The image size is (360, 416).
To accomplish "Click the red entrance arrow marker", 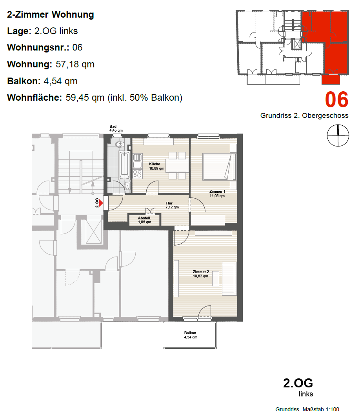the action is pyautogui.click(x=101, y=203).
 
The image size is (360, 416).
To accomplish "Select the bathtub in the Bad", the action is pyautogui.click(x=124, y=165).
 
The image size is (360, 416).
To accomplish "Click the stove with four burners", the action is pyautogui.click(x=137, y=174).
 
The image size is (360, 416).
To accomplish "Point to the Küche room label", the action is pyautogui.click(x=155, y=164).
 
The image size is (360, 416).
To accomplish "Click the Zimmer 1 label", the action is pyautogui.click(x=217, y=191).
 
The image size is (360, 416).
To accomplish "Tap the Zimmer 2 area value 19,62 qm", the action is pyautogui.click(x=201, y=276).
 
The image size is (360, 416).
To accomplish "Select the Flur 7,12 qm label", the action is pyautogui.click(x=172, y=205).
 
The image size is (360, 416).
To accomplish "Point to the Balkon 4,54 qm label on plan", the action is pyautogui.click(x=191, y=335).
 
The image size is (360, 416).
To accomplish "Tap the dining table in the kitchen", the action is pyautogui.click(x=177, y=165).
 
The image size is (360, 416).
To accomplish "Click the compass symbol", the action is pyautogui.click(x=338, y=135).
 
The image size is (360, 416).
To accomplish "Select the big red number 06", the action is pyautogui.click(x=336, y=100).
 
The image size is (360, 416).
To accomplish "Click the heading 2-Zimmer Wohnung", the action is pyautogui.click(x=51, y=14).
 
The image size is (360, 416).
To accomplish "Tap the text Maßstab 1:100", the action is pyautogui.click(x=321, y=409).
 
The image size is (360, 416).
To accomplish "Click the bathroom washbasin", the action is pyautogui.click(x=127, y=185).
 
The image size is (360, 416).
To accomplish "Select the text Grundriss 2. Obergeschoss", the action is pyautogui.click(x=304, y=116).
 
